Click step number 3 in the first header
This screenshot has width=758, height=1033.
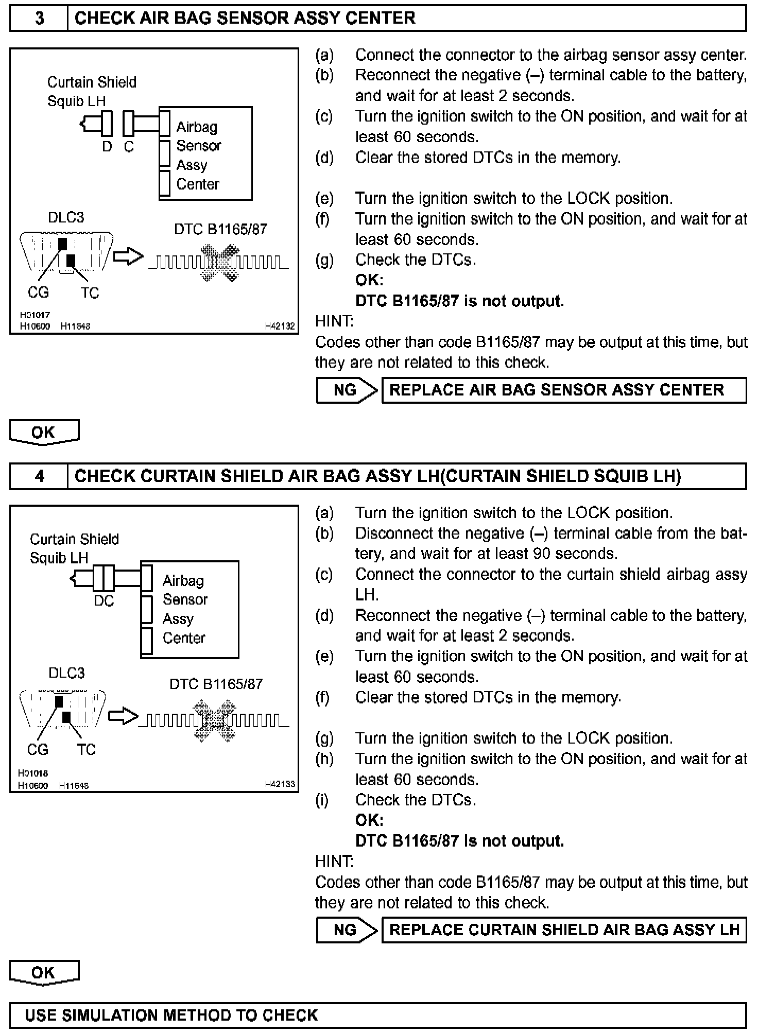(39, 19)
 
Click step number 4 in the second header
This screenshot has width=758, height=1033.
(39, 476)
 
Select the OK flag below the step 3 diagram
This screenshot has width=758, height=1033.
(44, 432)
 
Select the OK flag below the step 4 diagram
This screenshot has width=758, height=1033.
(44, 972)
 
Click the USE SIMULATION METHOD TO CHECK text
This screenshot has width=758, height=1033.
(171, 1015)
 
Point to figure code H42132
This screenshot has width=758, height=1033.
(280, 326)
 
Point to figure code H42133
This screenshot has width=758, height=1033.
(280, 784)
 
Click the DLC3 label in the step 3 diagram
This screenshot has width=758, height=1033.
(66, 217)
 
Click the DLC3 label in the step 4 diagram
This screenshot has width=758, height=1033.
(66, 673)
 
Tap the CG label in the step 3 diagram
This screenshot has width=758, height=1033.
(38, 292)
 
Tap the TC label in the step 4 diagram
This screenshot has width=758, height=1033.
(87, 749)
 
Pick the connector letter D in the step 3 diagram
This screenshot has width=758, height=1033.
(107, 147)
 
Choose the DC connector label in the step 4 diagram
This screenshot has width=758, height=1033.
(104, 601)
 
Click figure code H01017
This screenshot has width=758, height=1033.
(35, 315)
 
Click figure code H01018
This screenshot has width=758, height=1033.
(33, 773)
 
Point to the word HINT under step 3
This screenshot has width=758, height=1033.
(334, 321)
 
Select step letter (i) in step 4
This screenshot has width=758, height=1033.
(322, 800)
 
